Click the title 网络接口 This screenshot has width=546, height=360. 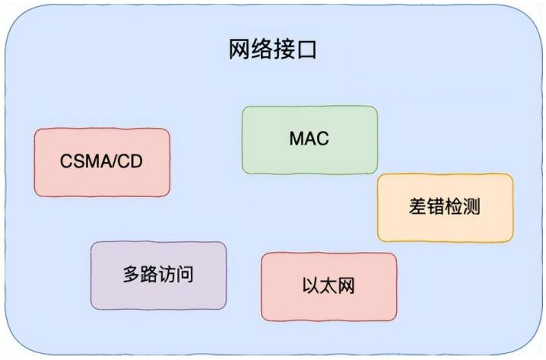(x=272, y=50)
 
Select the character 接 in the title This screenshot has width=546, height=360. (x=284, y=50)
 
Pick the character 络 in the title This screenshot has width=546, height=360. (x=262, y=50)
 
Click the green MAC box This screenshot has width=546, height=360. (x=309, y=139)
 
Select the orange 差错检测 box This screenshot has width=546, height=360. (x=445, y=207)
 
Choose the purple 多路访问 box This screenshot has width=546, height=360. (x=158, y=275)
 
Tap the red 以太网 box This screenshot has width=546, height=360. (x=329, y=286)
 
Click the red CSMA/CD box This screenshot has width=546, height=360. (x=101, y=162)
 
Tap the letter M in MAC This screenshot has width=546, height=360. (x=297, y=139)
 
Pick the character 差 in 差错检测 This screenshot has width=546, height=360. (x=417, y=207)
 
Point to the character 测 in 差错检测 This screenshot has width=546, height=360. (x=471, y=207)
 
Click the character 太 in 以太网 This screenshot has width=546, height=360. (x=329, y=287)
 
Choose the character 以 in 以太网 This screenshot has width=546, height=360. (x=310, y=287)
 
